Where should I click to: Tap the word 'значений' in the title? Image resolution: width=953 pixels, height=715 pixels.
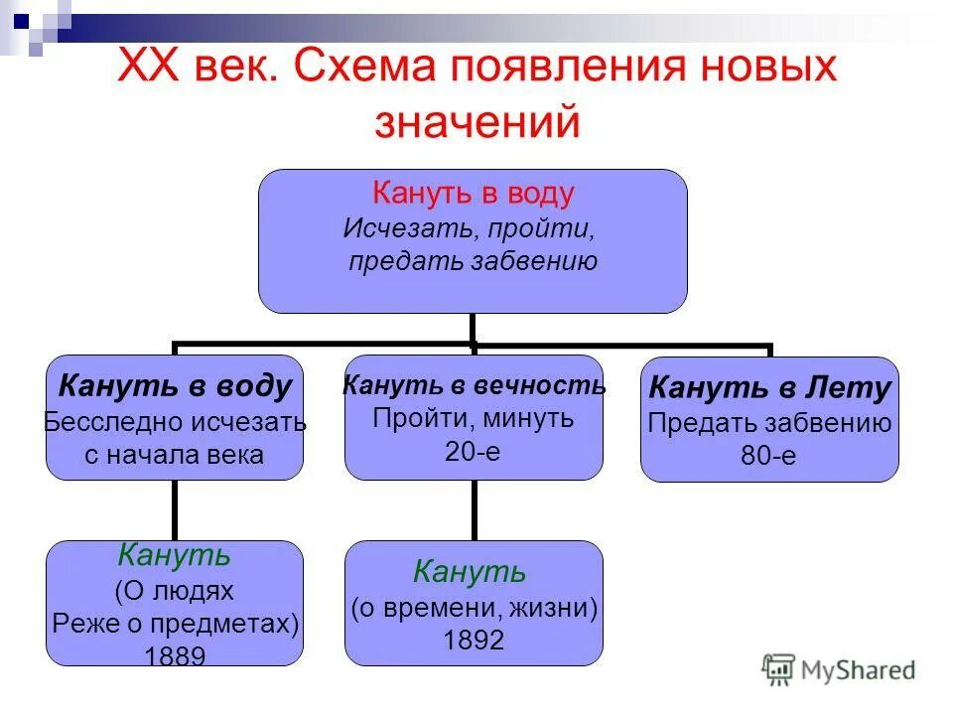pos(476,121)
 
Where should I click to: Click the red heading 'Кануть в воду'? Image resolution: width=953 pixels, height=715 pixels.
pos(473,194)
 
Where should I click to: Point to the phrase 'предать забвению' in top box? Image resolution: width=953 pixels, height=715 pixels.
pos(473,262)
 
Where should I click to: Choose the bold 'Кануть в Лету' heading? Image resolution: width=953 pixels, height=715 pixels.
pos(769,389)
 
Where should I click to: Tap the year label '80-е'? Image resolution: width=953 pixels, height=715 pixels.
pos(768,456)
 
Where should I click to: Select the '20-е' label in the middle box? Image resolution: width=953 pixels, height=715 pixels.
pos(474,450)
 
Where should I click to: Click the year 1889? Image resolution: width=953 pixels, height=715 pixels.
pos(175,656)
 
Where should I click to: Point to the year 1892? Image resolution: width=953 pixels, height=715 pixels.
pos(474,641)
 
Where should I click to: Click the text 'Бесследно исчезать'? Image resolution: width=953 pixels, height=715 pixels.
pos(175,422)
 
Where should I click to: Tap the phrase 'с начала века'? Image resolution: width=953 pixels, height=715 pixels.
pos(175,455)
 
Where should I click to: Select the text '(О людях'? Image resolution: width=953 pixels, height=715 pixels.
pos(175,591)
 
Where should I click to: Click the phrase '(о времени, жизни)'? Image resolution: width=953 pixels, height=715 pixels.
pos(474,608)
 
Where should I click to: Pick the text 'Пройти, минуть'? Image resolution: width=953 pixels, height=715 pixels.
pos(474,418)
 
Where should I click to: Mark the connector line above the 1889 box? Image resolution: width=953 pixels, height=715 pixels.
pos(176,510)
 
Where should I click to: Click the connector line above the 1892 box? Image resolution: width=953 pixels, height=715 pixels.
pos(474,510)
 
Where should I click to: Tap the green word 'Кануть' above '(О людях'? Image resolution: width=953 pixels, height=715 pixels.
pos(175,555)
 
